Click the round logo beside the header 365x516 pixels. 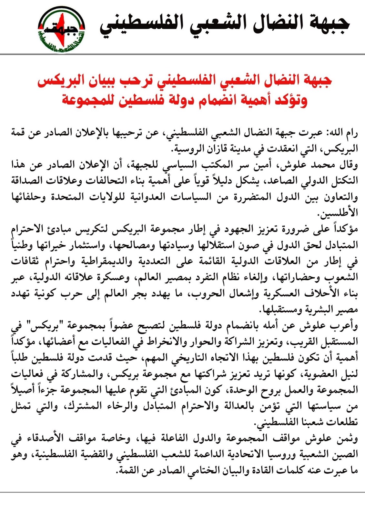point(62,29)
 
